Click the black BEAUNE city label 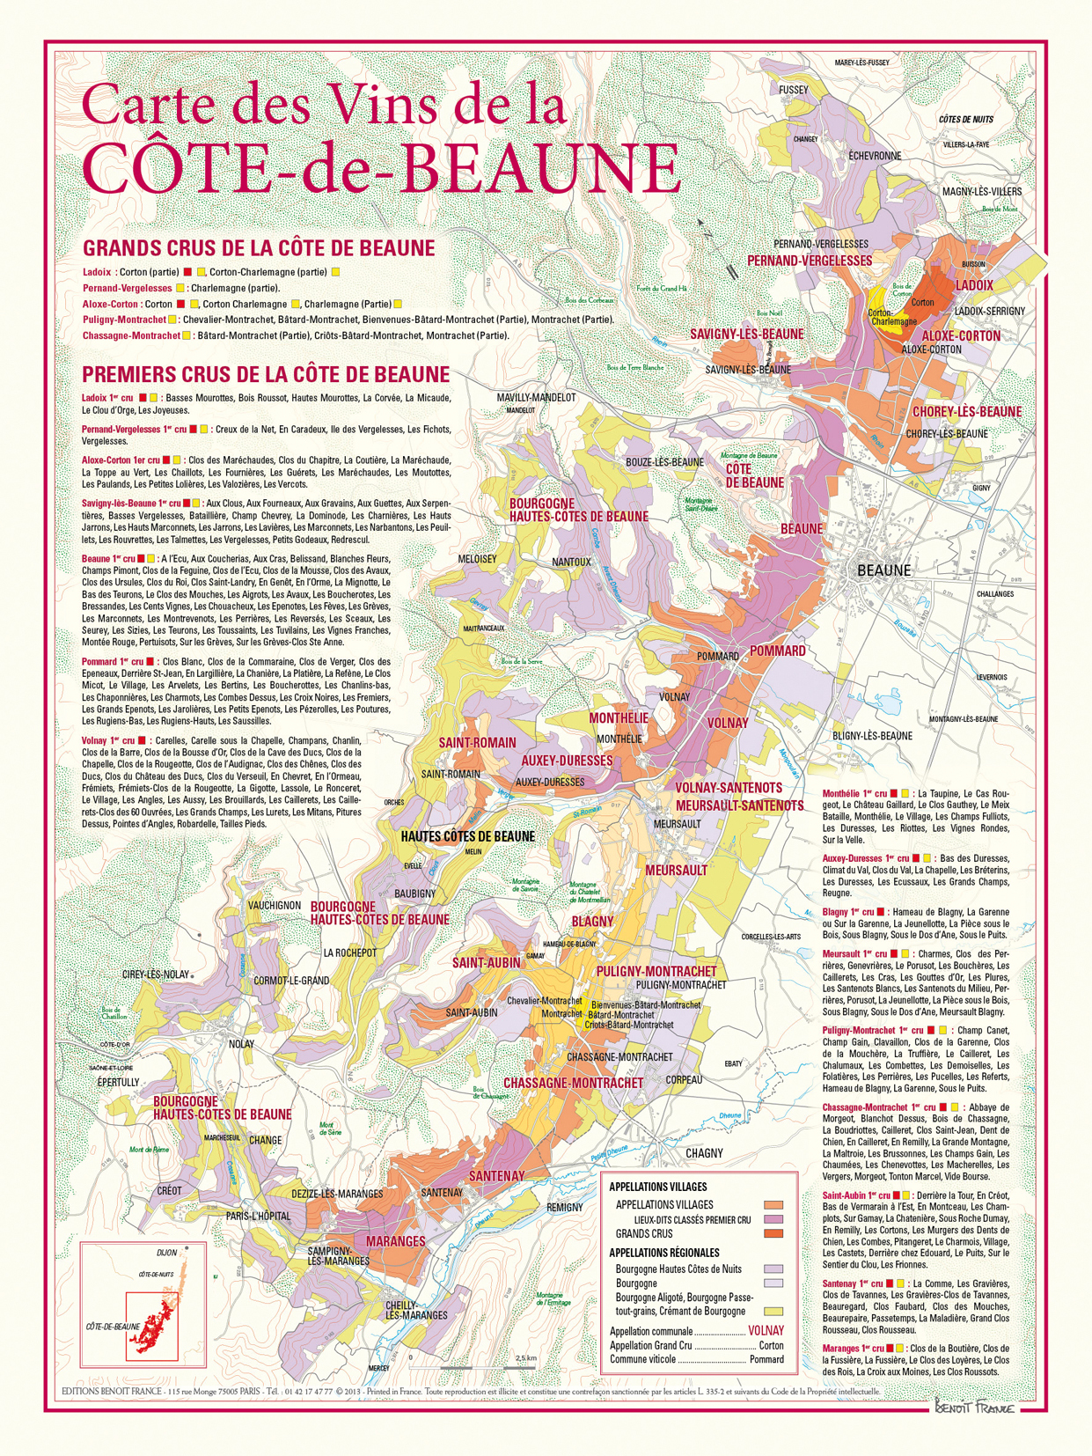click(883, 570)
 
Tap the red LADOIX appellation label click(973, 285)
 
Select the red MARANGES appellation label click(395, 1241)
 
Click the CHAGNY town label click(704, 1153)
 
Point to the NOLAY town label click(241, 1044)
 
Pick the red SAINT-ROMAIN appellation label click(477, 743)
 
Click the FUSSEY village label click(793, 90)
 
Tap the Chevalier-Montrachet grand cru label click(544, 1001)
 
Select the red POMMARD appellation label click(777, 651)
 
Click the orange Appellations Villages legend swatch click(773, 1205)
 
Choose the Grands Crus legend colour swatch click(773, 1234)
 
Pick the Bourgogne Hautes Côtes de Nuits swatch click(773, 1269)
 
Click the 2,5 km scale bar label click(525, 1358)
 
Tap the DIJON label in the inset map click(166, 1253)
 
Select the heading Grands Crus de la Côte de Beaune click(259, 248)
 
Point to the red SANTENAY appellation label click(496, 1176)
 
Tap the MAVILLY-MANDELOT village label click(536, 398)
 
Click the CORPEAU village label click(684, 1079)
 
